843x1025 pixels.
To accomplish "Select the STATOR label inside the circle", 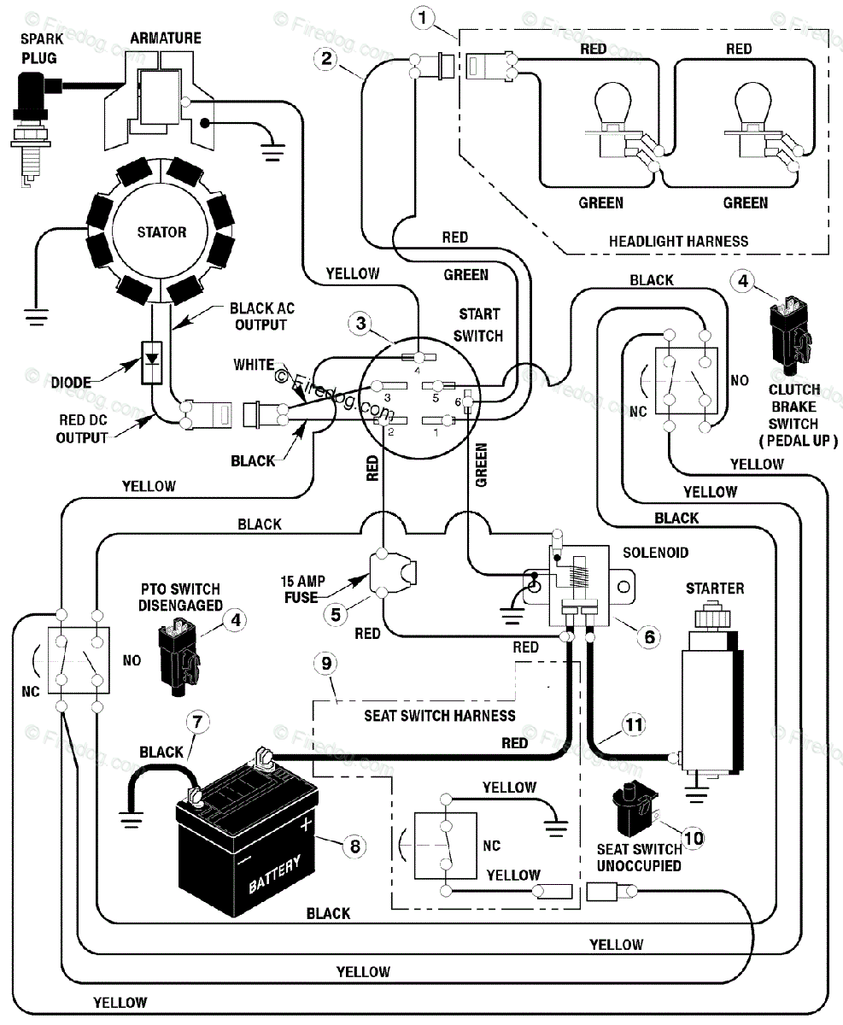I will [x=162, y=231].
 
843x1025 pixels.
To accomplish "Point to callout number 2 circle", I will [x=325, y=59].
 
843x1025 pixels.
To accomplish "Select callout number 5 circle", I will [x=337, y=612].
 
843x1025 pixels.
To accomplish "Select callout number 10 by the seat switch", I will [x=694, y=838].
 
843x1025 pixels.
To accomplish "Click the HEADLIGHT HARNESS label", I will [x=678, y=241].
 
